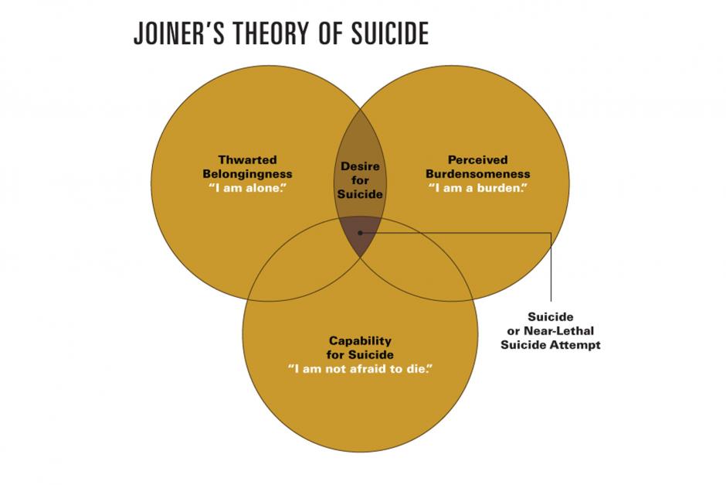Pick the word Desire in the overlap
360,166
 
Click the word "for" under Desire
360,180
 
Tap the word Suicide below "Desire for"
360,194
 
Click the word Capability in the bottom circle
360,341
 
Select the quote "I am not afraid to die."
360,369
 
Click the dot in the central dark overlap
360,232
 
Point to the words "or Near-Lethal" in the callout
551,331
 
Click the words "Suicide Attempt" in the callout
551,345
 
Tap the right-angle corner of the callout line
551,232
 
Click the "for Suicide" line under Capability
360,355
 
